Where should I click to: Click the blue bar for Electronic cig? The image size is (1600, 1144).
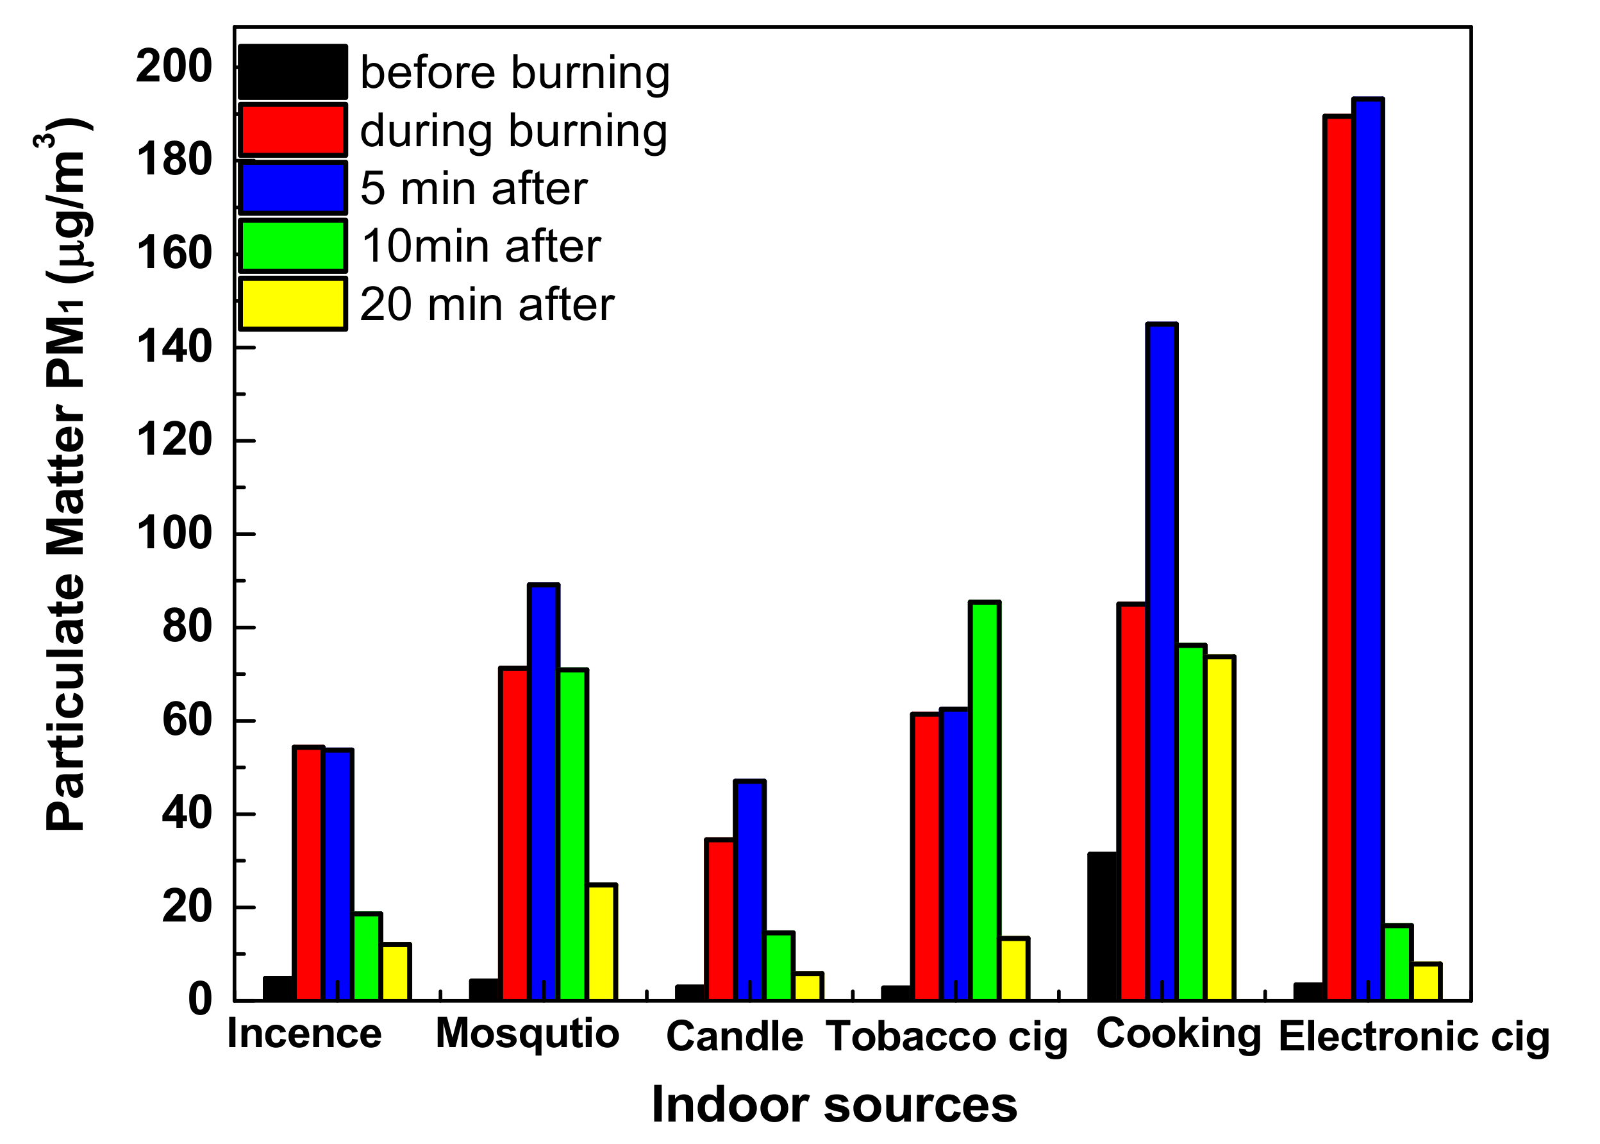[x=1367, y=550]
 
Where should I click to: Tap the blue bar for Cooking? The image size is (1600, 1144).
[x=1162, y=662]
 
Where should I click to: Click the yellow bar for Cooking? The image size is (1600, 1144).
[x=1220, y=828]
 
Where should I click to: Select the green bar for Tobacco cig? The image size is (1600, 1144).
[x=984, y=801]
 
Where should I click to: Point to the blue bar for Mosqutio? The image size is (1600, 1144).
[x=544, y=792]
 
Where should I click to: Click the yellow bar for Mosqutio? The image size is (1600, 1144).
[x=602, y=942]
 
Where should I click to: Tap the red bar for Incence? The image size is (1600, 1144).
[x=308, y=873]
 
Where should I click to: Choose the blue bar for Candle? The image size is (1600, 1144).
[x=749, y=891]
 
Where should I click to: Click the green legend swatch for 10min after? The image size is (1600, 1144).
[x=292, y=246]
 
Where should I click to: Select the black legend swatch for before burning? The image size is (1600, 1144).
[x=292, y=72]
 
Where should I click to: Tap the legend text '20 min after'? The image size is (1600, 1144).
[x=487, y=305]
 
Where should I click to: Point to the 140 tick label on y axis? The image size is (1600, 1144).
[x=174, y=348]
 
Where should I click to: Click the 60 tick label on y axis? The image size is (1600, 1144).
[x=187, y=721]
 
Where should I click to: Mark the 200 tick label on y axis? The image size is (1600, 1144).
[x=174, y=67]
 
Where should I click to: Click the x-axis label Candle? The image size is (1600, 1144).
[x=735, y=1036]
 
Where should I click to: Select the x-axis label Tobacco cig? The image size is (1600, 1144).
[x=947, y=1038]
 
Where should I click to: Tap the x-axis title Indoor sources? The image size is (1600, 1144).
[x=834, y=1104]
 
